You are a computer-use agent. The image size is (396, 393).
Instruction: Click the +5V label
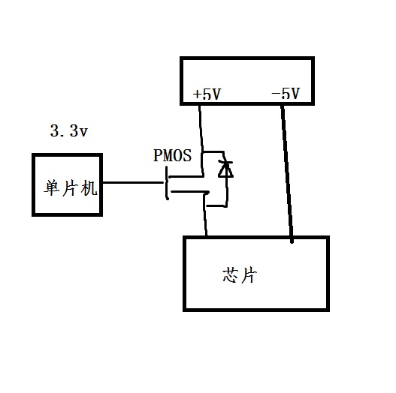pos(207,94)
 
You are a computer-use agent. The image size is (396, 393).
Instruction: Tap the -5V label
pos(286,94)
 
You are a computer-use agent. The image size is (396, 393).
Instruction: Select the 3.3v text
pos(69,131)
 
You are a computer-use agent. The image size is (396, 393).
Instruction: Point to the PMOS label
pos(173,155)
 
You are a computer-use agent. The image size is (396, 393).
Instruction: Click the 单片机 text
pos(71,187)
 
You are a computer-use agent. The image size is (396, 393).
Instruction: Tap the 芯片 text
pos(240,275)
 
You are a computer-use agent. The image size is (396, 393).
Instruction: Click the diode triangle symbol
pos(225,169)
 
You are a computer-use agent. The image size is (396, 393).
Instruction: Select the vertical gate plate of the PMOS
pos(167,183)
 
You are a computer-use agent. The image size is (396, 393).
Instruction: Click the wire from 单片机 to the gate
pos(133,182)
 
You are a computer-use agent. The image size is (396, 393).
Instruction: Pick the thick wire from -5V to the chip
pos(287,174)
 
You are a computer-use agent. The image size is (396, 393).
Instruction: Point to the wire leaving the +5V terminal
pos(201,140)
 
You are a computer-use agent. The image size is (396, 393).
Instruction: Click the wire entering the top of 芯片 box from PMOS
pos(206,214)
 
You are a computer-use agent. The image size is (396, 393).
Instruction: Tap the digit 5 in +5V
pos(207,94)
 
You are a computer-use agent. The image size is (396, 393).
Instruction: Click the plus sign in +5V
pos(197,94)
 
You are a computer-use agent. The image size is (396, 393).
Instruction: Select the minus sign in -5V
pos(276,94)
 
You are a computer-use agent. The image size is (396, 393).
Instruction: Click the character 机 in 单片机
pos(89,188)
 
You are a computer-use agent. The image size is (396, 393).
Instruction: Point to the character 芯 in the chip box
pos(231,275)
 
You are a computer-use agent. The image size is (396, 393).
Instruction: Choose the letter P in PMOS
pos(158,155)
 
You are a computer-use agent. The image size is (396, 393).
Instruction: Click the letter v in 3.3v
pos(83,133)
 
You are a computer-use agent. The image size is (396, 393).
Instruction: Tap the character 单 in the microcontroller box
pos(52,187)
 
